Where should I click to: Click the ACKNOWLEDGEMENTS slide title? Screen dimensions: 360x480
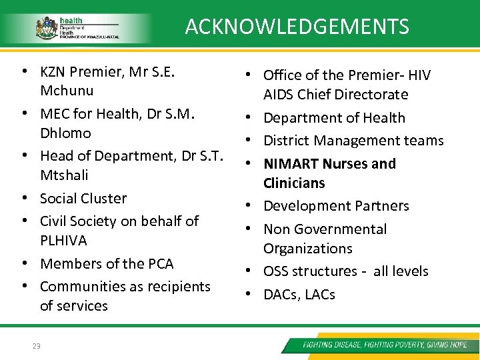297,27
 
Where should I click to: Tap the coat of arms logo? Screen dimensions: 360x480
46,29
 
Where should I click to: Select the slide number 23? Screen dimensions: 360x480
36,345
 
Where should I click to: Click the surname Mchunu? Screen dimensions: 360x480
67,91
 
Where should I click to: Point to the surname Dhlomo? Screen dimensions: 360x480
65,133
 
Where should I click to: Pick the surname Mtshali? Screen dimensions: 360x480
64,175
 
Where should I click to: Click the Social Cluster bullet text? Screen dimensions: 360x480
83,199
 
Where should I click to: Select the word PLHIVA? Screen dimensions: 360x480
63,240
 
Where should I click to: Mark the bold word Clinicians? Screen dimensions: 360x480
294,183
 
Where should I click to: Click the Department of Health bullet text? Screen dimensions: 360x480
334,118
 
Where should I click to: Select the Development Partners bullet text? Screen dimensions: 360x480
336,206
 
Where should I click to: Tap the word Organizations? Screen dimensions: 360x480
307,249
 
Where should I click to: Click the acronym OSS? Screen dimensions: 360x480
277,271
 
